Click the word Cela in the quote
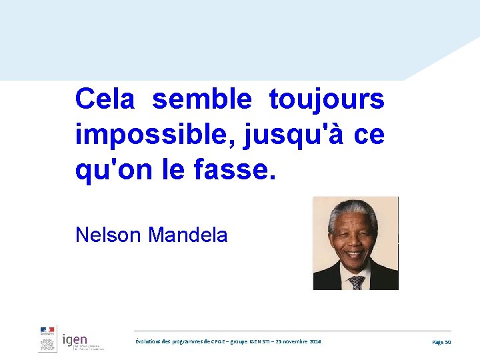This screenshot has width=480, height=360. click(x=105, y=99)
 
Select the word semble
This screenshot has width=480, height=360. click(x=202, y=99)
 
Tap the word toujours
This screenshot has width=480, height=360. click(x=327, y=100)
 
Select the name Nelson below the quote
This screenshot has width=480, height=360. click(x=109, y=235)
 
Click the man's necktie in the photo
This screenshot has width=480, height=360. click(x=357, y=282)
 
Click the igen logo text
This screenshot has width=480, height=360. click(x=75, y=340)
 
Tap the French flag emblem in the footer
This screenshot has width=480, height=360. click(x=47, y=330)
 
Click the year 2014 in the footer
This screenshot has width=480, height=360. click(x=315, y=341)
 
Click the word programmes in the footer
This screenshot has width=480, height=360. click(x=185, y=341)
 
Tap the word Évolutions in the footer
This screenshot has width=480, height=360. click(x=147, y=341)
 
